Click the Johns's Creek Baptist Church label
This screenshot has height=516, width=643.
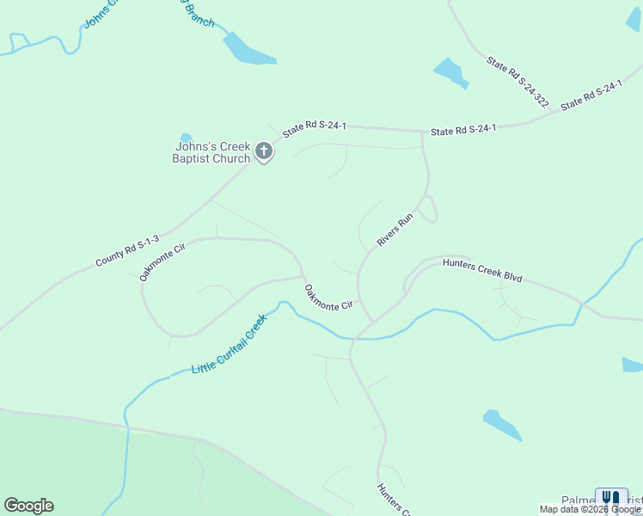210,152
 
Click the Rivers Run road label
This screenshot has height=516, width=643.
395,230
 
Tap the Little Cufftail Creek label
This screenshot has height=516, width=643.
229,344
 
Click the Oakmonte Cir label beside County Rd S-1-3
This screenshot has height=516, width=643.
162,262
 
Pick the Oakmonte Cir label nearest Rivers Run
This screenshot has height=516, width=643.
328,298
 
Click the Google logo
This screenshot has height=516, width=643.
28,506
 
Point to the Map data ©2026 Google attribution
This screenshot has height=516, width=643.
590,509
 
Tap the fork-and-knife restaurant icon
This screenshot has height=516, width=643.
611,499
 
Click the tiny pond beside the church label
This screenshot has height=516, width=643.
186,138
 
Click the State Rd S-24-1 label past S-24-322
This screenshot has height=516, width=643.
591,95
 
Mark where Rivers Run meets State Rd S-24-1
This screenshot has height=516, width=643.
422,132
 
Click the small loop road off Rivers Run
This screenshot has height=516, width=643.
432,209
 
